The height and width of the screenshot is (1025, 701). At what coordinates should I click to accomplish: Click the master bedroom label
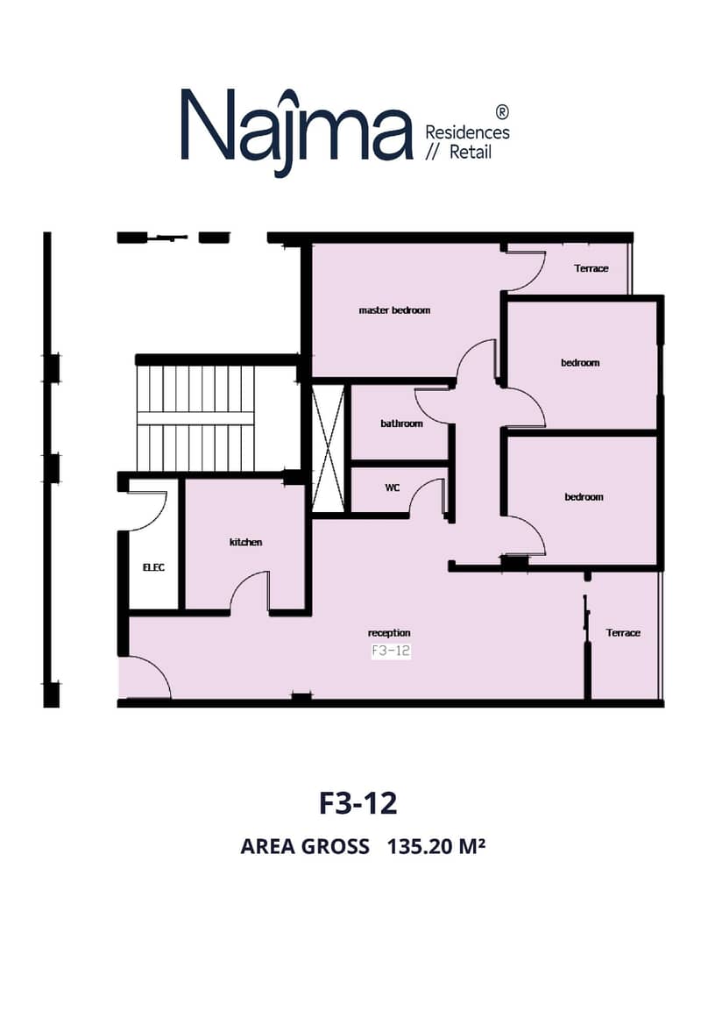(x=394, y=310)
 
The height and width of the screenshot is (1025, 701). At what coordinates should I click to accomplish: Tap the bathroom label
(x=401, y=424)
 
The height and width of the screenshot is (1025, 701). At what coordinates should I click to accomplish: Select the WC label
(x=392, y=488)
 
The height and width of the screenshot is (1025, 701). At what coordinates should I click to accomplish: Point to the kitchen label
(x=245, y=542)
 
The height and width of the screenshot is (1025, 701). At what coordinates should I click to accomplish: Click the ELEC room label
(x=153, y=567)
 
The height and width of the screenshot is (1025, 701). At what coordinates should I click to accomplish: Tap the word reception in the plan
(x=389, y=633)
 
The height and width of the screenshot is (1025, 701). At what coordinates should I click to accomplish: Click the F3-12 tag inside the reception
(x=391, y=651)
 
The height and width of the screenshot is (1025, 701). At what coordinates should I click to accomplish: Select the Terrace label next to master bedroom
(x=591, y=268)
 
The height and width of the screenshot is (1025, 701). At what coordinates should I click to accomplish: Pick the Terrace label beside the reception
(x=623, y=633)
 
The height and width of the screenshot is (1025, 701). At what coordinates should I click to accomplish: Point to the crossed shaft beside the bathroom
(x=328, y=448)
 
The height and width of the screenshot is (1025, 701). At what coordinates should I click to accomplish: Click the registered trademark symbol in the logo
(x=502, y=111)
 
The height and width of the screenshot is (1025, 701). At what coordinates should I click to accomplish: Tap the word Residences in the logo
(x=467, y=132)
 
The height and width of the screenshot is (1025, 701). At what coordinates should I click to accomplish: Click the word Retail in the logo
(x=471, y=153)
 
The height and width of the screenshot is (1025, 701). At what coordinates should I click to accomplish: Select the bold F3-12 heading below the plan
(x=358, y=803)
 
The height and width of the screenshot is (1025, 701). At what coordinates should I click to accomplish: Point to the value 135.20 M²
(x=435, y=846)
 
